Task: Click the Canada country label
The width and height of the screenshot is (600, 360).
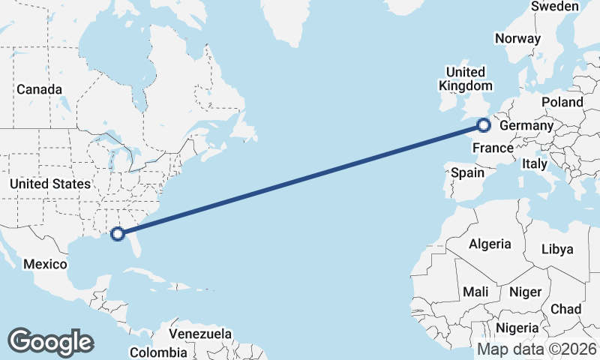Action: (39, 89)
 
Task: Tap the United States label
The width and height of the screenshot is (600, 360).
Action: (50, 183)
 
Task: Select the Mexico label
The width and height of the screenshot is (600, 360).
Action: (46, 264)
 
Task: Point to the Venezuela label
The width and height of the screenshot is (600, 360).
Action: (199, 333)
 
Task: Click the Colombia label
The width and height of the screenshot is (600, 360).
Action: (158, 352)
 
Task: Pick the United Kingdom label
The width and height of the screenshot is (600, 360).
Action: (466, 79)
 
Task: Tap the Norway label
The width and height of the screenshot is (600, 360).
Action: (517, 38)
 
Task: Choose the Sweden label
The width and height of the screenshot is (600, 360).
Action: (555, 6)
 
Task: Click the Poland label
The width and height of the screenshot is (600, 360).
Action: (562, 101)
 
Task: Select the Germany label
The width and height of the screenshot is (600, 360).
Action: (526, 125)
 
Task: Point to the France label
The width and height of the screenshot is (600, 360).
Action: (493, 148)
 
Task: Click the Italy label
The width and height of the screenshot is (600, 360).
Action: (535, 163)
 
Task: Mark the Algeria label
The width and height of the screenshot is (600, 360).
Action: (490, 244)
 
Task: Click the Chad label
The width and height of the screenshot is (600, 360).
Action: (565, 308)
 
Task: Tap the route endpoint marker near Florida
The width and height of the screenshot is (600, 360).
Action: (118, 234)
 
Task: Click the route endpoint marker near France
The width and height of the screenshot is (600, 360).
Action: (484, 125)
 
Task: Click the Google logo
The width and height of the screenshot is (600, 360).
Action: (50, 341)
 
